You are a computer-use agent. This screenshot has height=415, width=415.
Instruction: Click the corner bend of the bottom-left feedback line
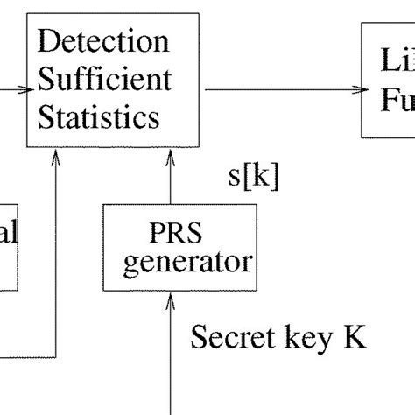(x=58, y=356)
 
